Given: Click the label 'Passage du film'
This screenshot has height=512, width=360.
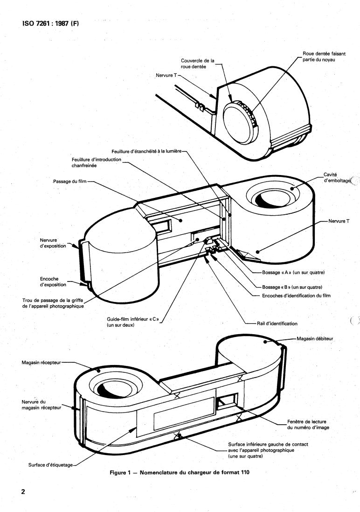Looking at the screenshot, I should (70, 181).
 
